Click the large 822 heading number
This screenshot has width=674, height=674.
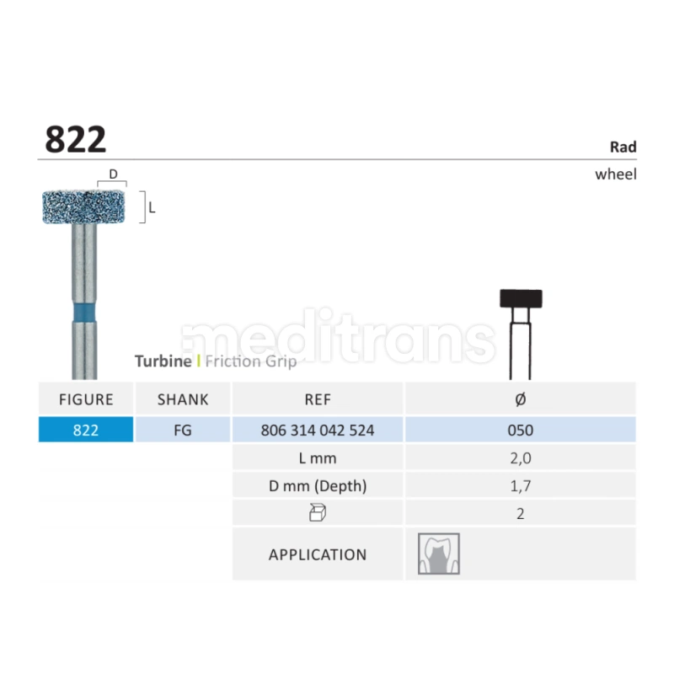click(x=76, y=139)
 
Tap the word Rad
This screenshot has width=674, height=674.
click(x=623, y=147)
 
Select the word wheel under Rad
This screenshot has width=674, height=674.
click(x=616, y=174)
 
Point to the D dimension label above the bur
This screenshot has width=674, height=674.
click(x=113, y=174)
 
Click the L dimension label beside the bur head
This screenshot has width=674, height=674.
click(x=152, y=208)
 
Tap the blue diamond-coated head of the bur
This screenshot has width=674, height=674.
click(x=83, y=207)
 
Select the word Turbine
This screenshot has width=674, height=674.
click(x=163, y=361)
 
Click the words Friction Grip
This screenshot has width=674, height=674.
click(x=251, y=361)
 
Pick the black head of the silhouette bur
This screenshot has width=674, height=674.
click(x=521, y=298)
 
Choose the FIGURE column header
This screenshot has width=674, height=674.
click(x=86, y=399)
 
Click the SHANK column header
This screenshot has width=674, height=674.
click(x=183, y=399)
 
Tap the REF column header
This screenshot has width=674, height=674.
click(x=318, y=399)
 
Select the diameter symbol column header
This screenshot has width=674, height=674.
click(x=520, y=399)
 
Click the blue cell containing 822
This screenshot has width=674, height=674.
click(x=86, y=430)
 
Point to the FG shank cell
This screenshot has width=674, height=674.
click(x=183, y=430)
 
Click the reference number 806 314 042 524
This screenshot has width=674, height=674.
click(x=318, y=430)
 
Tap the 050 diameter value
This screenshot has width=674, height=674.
click(x=520, y=430)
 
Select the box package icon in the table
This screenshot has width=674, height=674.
click(x=318, y=513)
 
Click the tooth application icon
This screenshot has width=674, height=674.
click(x=439, y=554)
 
